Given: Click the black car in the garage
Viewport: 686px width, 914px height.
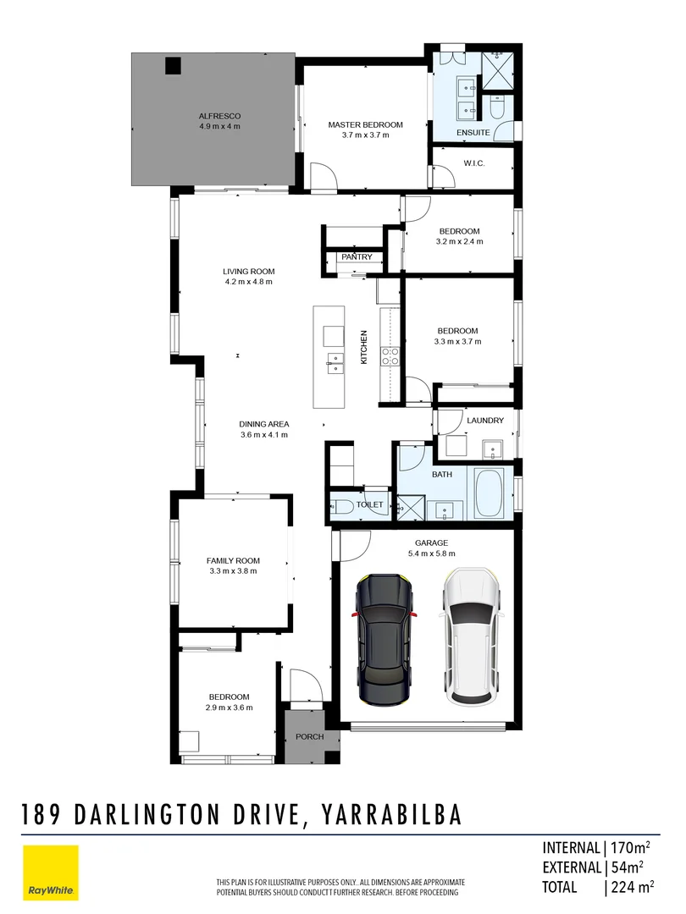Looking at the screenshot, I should pyautogui.click(x=386, y=638).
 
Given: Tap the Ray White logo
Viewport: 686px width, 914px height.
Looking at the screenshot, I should pyautogui.click(x=50, y=873).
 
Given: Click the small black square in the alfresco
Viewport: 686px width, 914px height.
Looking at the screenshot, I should pyautogui.click(x=174, y=64).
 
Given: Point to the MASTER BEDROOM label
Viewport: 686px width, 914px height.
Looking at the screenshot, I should pyautogui.click(x=365, y=124).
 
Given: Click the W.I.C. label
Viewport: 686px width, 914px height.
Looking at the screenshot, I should pyautogui.click(x=473, y=163).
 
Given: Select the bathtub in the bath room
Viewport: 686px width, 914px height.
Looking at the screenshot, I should pyautogui.click(x=489, y=493).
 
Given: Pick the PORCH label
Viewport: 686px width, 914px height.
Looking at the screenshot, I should pyautogui.click(x=310, y=736).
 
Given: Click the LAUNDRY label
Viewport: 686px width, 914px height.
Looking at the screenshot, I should pyautogui.click(x=485, y=421).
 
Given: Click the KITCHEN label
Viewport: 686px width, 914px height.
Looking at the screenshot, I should pyautogui.click(x=364, y=348).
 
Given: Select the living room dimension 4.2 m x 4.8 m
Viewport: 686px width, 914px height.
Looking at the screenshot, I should pyautogui.click(x=249, y=283).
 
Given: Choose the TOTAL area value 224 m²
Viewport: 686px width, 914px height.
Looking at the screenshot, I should pyautogui.click(x=630, y=887).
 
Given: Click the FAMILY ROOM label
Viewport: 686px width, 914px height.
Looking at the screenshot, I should pyautogui.click(x=233, y=560).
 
